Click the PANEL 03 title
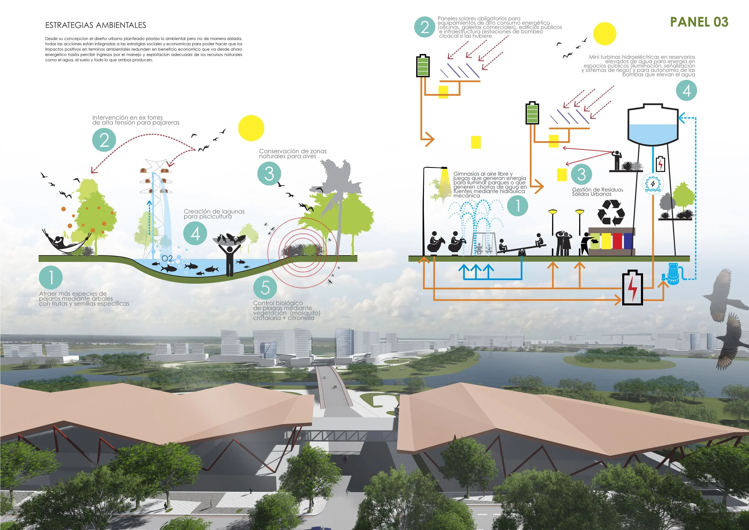click(699, 22)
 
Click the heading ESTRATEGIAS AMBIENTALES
click(95, 25)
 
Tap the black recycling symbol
click(611, 213)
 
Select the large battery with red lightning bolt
click(632, 288)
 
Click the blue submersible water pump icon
click(671, 273)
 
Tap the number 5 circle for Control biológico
click(265, 287)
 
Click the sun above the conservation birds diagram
click(251, 128)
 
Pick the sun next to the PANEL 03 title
click(605, 34)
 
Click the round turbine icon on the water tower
click(653, 184)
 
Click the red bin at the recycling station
click(617, 241)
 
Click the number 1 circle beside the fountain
click(517, 206)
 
